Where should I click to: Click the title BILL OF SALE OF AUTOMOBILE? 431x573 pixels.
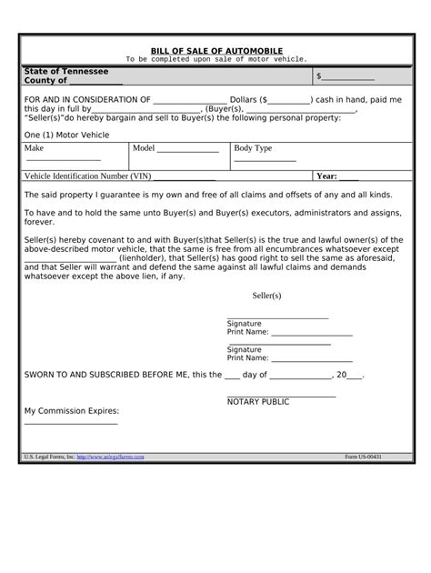(215, 50)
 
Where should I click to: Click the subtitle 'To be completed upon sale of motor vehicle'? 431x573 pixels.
(215, 59)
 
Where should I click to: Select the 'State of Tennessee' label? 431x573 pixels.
(65, 71)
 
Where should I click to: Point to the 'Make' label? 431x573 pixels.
(34, 147)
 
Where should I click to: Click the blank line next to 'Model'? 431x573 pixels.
(188, 149)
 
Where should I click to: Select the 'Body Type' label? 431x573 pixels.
(253, 147)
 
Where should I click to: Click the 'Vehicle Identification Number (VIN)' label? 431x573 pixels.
(87, 176)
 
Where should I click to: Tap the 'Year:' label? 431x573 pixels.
(326, 176)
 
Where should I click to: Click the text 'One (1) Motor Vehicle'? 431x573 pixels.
(65, 133)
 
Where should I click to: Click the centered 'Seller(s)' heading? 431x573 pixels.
(266, 297)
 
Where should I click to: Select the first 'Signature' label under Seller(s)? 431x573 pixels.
(244, 324)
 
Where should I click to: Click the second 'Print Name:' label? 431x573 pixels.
(247, 357)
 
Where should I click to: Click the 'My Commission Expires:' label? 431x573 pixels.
(71, 410)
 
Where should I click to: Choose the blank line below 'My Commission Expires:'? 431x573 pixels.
(70, 423)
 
